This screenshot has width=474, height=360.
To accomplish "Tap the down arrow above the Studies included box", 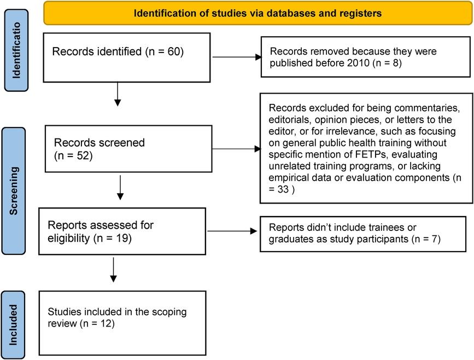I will pos(113,271).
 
